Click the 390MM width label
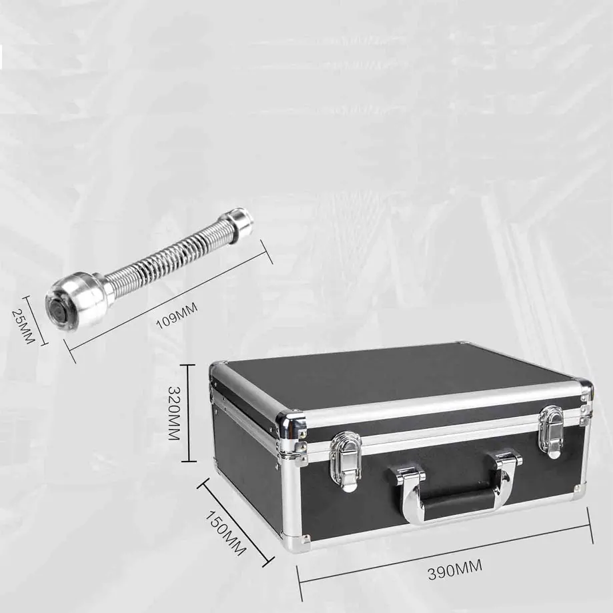click(455, 569)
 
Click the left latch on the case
click(345, 459)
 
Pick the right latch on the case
click(551, 431)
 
